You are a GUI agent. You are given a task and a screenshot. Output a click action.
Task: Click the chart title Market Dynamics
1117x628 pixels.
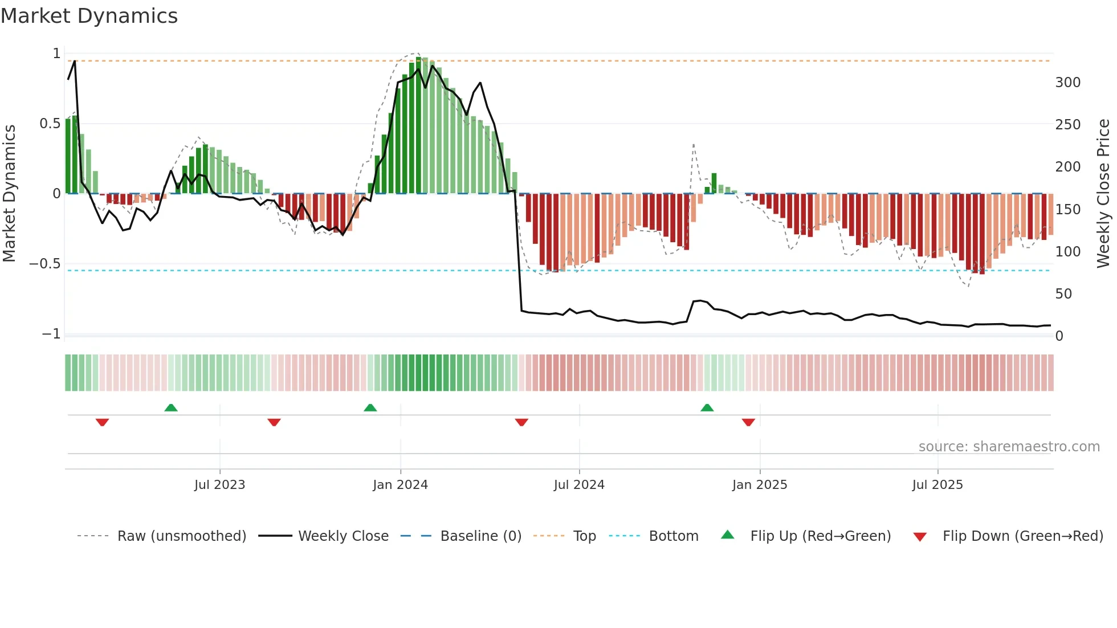click(89, 16)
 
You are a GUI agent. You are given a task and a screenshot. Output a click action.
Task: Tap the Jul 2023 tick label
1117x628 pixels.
click(219, 485)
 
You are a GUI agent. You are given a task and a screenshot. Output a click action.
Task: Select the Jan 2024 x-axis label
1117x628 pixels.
click(400, 485)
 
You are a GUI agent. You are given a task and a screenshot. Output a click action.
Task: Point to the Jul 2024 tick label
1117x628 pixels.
click(579, 485)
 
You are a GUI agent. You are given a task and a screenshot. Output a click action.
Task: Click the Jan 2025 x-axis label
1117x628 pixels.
click(760, 485)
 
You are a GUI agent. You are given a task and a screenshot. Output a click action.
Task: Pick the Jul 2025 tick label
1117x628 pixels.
click(937, 485)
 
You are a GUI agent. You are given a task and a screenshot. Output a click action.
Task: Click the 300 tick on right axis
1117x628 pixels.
click(1067, 83)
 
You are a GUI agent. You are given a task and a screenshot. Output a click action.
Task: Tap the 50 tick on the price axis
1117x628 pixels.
click(1063, 294)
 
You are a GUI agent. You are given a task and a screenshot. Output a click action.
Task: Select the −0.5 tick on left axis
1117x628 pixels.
click(45, 264)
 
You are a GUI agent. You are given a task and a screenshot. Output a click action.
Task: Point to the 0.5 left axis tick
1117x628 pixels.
click(50, 124)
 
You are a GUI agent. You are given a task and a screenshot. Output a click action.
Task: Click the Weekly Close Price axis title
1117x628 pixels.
click(1103, 194)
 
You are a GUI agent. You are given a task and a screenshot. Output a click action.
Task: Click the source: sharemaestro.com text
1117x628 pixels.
click(1009, 447)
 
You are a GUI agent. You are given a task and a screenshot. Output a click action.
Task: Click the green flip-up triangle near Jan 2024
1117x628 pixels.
click(370, 407)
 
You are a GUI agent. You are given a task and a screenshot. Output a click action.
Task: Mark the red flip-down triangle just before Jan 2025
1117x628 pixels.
click(748, 422)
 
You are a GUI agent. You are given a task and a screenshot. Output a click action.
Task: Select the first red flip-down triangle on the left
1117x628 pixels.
click(103, 422)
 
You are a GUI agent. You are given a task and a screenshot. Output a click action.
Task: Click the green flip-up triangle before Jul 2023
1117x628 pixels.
click(171, 407)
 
